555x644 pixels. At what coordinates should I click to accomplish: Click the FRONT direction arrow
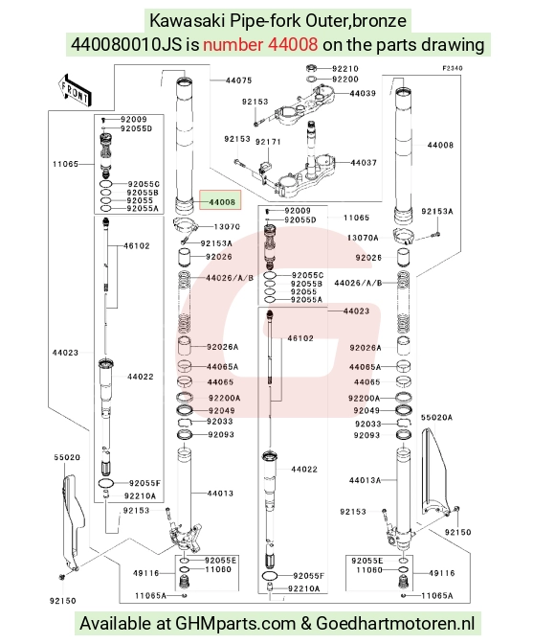[x=75, y=90]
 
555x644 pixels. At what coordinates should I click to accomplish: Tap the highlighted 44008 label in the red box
[x=222, y=202]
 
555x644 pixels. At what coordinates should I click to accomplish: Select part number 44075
[x=238, y=80]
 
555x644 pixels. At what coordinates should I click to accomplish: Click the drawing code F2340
[x=452, y=68]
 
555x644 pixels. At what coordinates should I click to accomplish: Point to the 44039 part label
[x=363, y=93]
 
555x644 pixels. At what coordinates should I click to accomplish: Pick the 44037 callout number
[x=364, y=163]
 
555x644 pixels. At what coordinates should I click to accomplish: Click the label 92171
[x=268, y=142]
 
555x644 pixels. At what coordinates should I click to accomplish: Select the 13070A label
[x=363, y=238]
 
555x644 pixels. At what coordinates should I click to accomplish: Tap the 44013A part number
[x=366, y=480]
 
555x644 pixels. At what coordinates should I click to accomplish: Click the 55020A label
[x=436, y=417]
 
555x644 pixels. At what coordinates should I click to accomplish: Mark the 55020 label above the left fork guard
[x=67, y=457]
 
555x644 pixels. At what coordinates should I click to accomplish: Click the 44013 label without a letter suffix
[x=220, y=494]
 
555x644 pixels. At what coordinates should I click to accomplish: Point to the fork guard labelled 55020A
[x=434, y=472]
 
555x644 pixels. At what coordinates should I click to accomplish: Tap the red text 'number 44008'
[x=260, y=44]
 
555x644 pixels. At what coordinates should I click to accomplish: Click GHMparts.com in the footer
[x=235, y=624]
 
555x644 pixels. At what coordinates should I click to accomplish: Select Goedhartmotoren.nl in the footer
[x=395, y=624]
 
